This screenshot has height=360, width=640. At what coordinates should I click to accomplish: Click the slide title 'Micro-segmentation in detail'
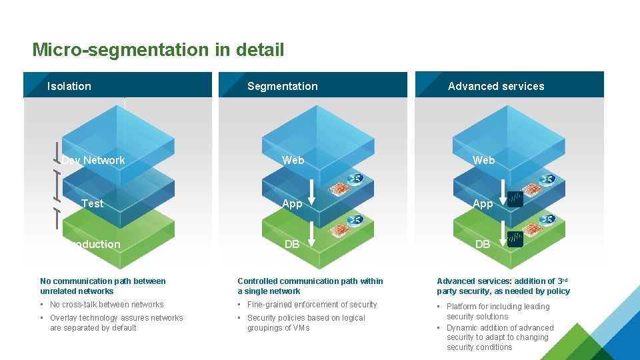[158, 50]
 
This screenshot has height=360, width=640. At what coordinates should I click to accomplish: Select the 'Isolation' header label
[69, 86]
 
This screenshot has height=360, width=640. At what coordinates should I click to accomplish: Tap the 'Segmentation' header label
[282, 86]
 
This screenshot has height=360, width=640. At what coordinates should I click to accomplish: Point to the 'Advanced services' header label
[496, 86]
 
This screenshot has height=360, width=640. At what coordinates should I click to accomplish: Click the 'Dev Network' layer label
[93, 160]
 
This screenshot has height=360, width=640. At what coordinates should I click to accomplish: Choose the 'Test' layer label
[92, 203]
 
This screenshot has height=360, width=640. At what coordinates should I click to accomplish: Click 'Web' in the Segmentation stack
[293, 160]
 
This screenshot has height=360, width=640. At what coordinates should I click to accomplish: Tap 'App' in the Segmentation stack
[292, 203]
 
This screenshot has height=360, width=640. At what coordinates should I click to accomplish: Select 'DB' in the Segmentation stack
[292, 244]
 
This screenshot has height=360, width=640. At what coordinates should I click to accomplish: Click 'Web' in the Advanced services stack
[483, 160]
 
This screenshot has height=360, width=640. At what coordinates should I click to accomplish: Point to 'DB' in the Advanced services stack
[483, 244]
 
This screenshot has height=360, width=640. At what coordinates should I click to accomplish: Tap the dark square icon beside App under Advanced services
[515, 199]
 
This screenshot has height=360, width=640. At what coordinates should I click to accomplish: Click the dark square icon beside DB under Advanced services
[515, 239]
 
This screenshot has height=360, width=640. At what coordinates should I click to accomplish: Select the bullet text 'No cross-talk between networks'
[107, 305]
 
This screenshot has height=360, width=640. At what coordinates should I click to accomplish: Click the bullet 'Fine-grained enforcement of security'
[312, 305]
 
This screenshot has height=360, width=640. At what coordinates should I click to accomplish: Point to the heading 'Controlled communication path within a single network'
[311, 286]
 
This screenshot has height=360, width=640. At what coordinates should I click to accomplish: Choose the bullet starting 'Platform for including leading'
[498, 311]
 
